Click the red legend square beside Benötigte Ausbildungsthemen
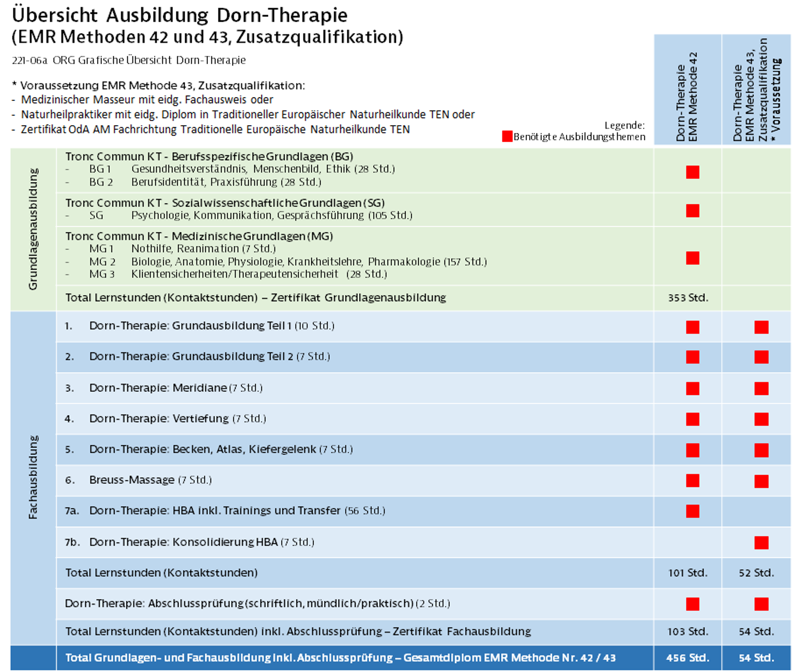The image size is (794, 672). [x=507, y=136]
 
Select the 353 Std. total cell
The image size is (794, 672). [x=688, y=298]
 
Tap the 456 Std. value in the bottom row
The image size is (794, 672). [x=688, y=658]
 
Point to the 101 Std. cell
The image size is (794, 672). [x=688, y=573]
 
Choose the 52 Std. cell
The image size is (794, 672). [x=756, y=573]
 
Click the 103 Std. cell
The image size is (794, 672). [x=688, y=631]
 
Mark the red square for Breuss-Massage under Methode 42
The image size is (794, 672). [x=693, y=481]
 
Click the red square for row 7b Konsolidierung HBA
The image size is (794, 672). [x=761, y=542]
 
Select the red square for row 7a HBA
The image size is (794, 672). [x=693, y=511]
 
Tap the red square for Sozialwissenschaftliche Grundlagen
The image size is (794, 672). [x=693, y=210]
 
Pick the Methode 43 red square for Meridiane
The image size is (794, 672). [x=761, y=389]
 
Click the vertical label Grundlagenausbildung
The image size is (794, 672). [x=33, y=229]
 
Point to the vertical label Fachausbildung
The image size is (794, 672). [x=33, y=477]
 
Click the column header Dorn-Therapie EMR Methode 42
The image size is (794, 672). [x=687, y=97]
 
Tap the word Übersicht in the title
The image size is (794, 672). [x=55, y=15]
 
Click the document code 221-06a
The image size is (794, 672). [x=29, y=60]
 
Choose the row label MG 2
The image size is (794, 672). [x=102, y=262]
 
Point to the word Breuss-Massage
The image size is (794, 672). [x=132, y=480]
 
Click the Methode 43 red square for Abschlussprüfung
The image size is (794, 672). [x=761, y=604]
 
